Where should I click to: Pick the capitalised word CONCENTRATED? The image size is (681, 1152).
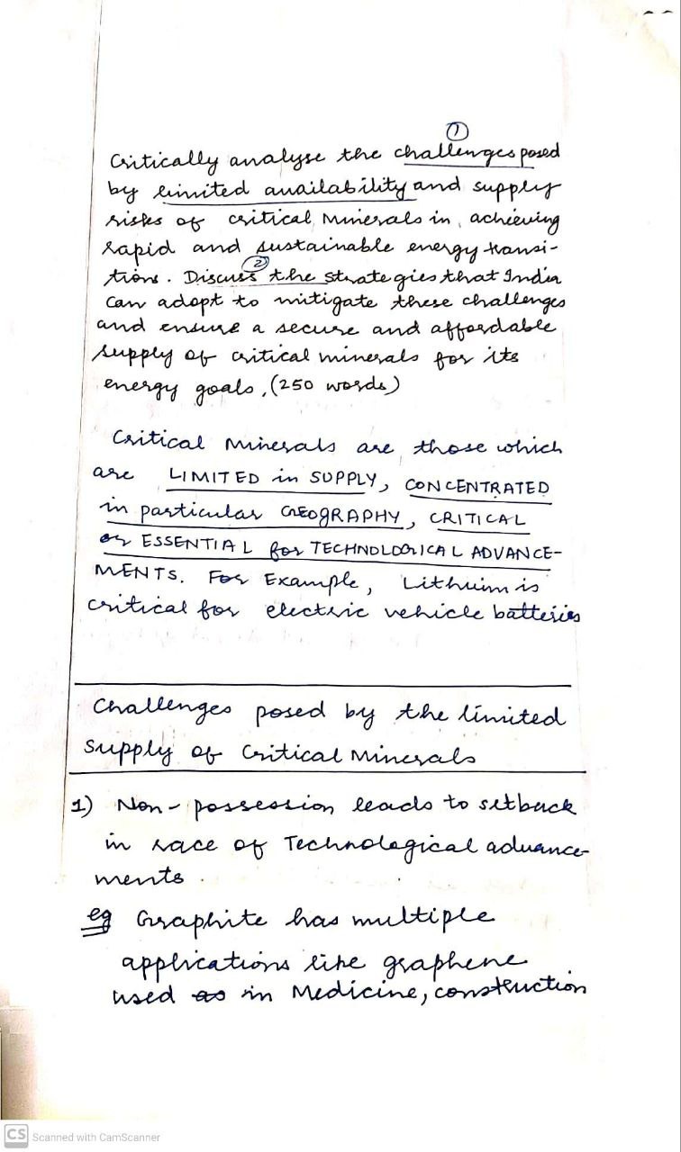(x=477, y=488)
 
